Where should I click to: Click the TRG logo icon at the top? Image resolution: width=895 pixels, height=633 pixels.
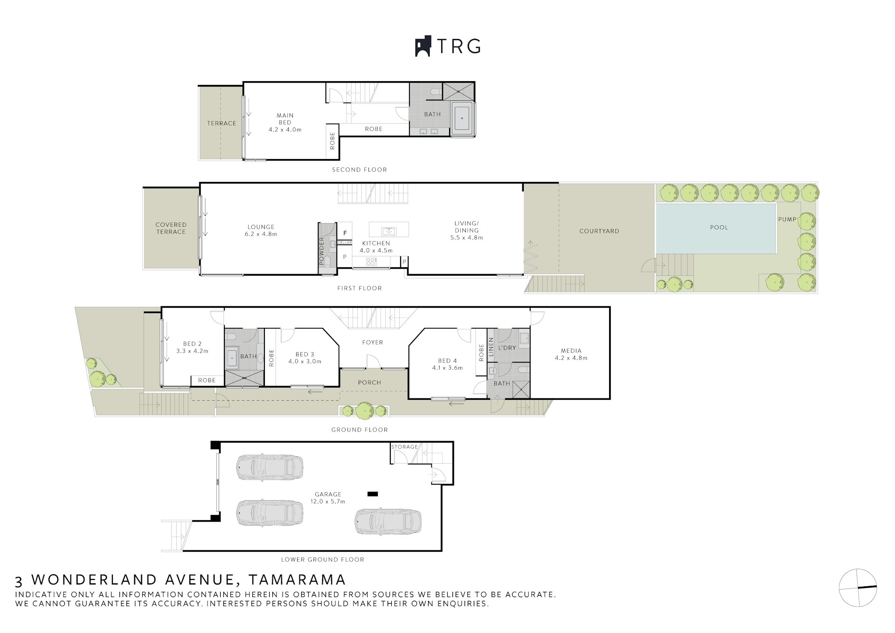(423, 47)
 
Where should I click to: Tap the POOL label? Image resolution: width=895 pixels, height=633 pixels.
(719, 228)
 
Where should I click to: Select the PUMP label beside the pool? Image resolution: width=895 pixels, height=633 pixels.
(787, 219)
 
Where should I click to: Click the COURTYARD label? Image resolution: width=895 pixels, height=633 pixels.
(599, 231)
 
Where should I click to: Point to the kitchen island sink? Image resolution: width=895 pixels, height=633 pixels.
(389, 231)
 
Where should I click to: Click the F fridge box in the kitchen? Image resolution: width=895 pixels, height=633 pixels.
(345, 233)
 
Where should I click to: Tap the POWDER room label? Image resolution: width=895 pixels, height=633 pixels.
(321, 251)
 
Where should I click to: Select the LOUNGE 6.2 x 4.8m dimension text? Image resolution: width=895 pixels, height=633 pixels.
(261, 234)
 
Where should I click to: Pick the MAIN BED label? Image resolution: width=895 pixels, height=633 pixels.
(285, 118)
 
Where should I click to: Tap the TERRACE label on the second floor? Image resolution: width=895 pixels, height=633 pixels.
(222, 123)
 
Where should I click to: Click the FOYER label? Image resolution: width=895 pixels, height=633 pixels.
(373, 342)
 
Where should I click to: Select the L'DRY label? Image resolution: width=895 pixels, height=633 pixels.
(507, 348)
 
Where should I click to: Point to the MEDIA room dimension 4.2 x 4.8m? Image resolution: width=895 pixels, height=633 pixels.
(571, 358)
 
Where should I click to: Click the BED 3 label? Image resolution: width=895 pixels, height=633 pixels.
(305, 355)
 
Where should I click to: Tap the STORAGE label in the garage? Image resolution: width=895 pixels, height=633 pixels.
(404, 447)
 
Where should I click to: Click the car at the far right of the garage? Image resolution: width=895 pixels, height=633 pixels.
(388, 522)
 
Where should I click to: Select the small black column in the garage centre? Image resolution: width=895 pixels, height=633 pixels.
(372, 494)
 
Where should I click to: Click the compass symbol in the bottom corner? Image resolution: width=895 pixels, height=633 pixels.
(858, 587)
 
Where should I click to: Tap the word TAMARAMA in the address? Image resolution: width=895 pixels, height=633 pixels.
(297, 580)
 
